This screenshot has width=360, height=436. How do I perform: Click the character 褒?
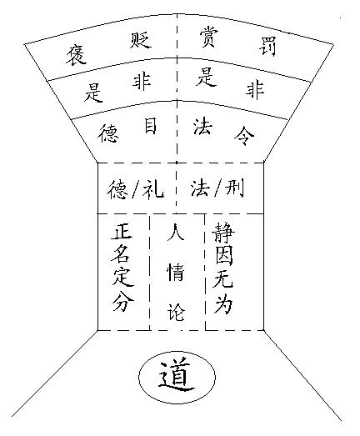tap(76, 55)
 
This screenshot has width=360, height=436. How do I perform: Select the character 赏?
tap(208, 38)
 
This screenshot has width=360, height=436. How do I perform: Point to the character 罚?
tap(267, 47)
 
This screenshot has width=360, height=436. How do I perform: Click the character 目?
tap(150, 126)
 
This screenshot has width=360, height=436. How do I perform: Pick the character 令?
tap(244, 135)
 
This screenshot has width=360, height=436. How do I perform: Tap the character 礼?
tap(152, 188)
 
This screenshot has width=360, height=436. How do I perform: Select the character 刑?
tap(234, 188)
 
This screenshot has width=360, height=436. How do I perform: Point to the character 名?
tap(121, 254)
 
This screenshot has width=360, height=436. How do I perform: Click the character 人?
tap(176, 233)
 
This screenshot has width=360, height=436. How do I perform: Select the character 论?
tap(176, 312)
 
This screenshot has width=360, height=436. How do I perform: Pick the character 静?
tap(223, 233)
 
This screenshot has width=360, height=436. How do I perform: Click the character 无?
tap(222, 278)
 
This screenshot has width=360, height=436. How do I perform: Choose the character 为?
tap(222, 303)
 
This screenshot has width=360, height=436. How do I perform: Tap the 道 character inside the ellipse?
tap(177, 377)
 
